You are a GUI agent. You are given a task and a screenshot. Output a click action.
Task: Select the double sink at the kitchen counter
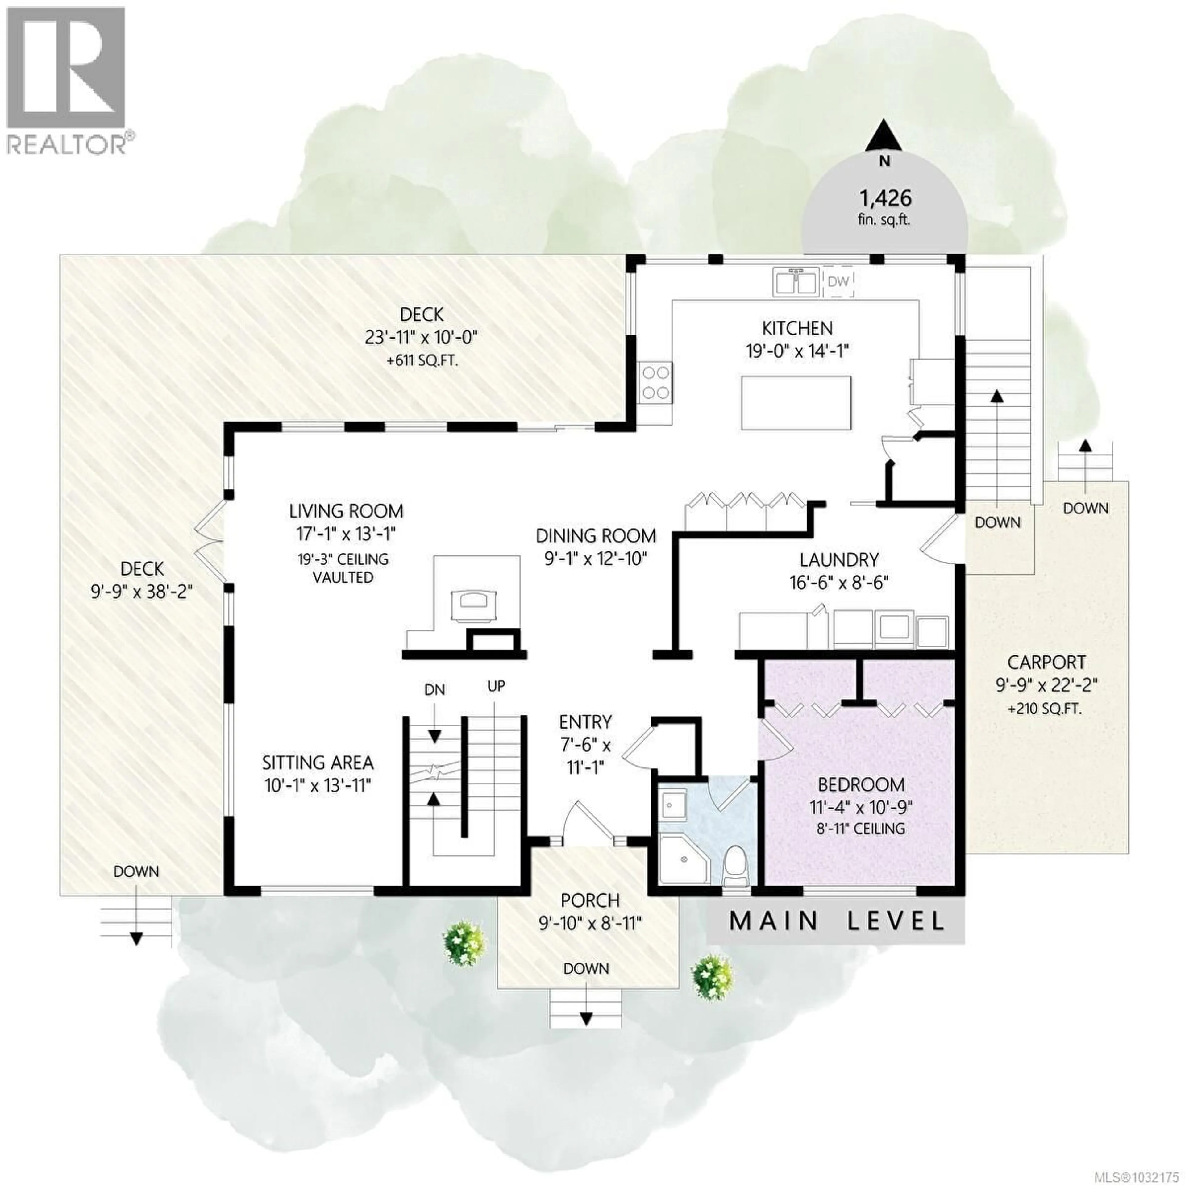point(796,282)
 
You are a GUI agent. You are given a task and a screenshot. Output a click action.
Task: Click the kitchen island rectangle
point(796,403)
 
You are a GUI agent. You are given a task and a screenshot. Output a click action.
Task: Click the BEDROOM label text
point(861,784)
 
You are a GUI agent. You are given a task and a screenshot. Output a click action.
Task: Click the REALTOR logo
point(68,80)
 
